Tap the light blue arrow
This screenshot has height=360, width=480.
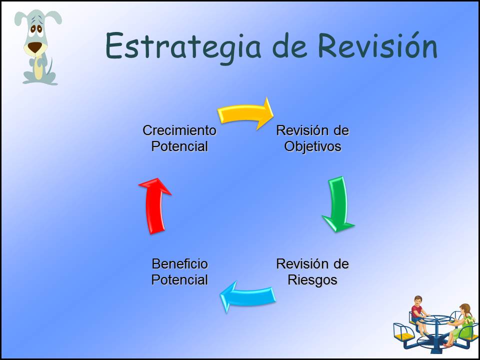pyautogui.click(x=248, y=296)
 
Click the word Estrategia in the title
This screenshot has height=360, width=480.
pyautogui.click(x=183, y=46)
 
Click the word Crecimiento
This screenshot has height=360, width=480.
pyautogui.click(x=179, y=130)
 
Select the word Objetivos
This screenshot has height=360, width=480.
pyautogui.click(x=312, y=146)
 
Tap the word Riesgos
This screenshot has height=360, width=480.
pyautogui.click(x=312, y=280)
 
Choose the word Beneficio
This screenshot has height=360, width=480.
pyautogui.click(x=179, y=264)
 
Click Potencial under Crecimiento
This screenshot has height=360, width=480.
pyautogui.click(x=179, y=146)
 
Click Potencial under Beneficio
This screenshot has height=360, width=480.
pyautogui.click(x=179, y=280)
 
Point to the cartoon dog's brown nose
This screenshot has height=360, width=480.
pyautogui.click(x=34, y=47)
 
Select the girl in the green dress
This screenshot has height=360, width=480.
pyautogui.click(x=460, y=325)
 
